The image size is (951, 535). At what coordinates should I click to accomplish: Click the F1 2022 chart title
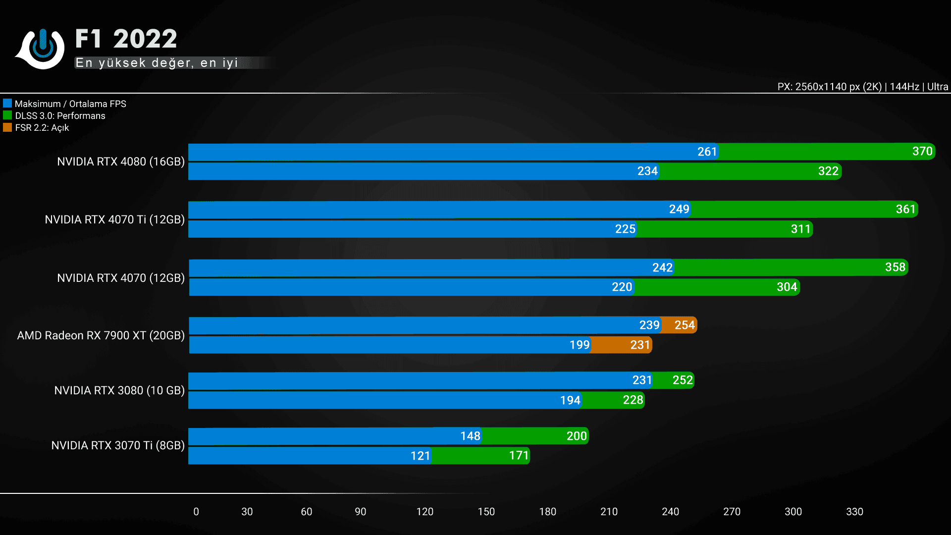tap(126, 39)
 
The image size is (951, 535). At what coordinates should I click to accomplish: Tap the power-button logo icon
tap(42, 48)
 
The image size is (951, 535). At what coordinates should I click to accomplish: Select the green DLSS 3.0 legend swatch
tap(7, 115)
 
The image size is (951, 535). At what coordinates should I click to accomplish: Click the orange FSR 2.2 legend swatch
tap(7, 127)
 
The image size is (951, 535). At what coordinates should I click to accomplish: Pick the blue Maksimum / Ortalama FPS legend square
tap(7, 104)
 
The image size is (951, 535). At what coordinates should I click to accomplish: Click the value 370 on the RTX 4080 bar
tap(922, 151)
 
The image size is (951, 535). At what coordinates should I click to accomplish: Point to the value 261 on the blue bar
tap(707, 152)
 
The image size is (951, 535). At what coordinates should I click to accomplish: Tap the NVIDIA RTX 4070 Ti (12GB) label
tap(114, 219)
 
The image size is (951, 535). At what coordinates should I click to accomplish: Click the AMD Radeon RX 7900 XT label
tap(101, 335)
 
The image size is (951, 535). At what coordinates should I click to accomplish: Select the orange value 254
tap(685, 325)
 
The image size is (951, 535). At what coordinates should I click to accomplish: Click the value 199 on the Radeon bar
tap(579, 345)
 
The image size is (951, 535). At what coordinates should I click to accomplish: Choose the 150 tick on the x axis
tap(486, 512)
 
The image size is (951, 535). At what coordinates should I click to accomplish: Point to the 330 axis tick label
tap(854, 512)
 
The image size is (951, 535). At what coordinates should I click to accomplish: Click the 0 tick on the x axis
tap(196, 512)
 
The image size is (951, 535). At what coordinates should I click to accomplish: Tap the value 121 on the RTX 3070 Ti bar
tap(420, 456)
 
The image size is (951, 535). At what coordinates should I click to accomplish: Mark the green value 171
tap(519, 455)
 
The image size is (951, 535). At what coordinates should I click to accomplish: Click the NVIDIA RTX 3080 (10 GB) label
tap(119, 390)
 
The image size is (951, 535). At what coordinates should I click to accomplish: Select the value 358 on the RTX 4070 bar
tap(895, 267)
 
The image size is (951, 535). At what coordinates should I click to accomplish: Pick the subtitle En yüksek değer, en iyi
tap(157, 63)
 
